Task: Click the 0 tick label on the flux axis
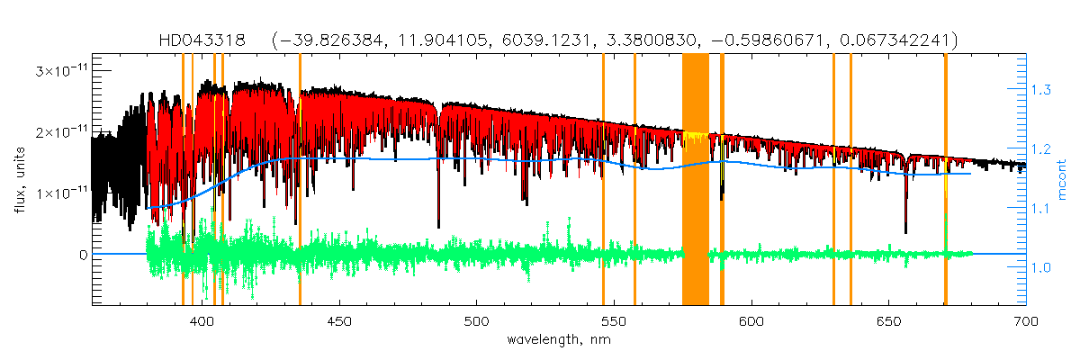pyautogui.click(x=82, y=255)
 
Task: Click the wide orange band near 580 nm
pyautogui.click(x=696, y=180)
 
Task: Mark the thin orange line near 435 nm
pyautogui.click(x=300, y=180)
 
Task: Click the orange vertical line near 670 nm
pyautogui.click(x=945, y=180)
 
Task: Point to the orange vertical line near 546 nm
pyautogui.click(x=603, y=180)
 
